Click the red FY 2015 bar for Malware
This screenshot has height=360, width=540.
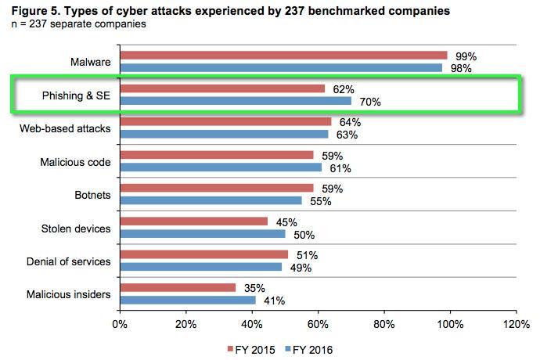[283, 56]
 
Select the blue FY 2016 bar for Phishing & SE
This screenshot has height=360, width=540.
[236, 100]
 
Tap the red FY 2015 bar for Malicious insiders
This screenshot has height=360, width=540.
[178, 288]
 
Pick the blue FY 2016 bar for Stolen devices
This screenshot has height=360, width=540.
[203, 234]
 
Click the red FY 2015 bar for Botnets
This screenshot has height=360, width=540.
[217, 189]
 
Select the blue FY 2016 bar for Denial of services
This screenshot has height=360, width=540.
[200, 267]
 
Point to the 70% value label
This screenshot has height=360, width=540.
[371, 101]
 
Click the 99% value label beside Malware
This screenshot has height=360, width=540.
[466, 56]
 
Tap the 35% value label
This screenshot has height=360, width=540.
[255, 288]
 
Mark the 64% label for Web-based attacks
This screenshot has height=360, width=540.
[351, 122]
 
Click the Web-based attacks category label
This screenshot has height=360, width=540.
[65, 128]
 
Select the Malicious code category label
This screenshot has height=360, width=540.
[75, 162]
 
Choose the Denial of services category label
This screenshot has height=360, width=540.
[69, 261]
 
